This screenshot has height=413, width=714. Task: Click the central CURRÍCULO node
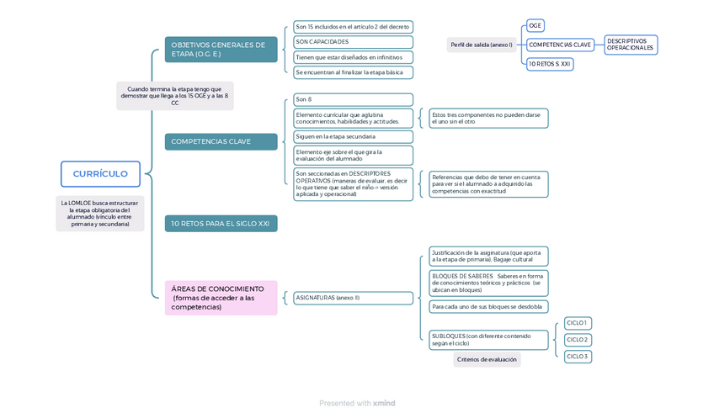100,174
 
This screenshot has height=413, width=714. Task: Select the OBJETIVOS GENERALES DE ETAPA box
221,50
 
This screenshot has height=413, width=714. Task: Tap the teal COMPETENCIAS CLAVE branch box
221,141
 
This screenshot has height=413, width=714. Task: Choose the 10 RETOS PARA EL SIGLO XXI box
221,224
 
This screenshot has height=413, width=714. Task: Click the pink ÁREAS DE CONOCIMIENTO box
221,298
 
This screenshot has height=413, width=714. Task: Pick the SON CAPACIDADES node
353,42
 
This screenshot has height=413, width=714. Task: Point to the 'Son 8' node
353,99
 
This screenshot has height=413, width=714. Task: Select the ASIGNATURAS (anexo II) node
353,298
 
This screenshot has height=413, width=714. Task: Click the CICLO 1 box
578,323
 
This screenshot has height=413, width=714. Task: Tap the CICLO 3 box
578,357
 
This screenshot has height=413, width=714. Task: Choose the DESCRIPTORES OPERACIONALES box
631,45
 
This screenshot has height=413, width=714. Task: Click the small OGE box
535,26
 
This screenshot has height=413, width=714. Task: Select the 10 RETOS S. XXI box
550,64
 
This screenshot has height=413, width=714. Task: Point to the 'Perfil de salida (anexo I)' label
481,45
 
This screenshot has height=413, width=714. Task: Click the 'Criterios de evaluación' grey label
487,360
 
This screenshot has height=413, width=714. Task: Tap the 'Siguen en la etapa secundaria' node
353,136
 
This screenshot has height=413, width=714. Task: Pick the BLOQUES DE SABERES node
488,283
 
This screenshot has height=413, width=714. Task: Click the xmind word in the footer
384,404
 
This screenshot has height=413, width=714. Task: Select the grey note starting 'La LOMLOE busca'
100,214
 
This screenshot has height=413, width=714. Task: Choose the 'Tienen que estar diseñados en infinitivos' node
353,57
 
